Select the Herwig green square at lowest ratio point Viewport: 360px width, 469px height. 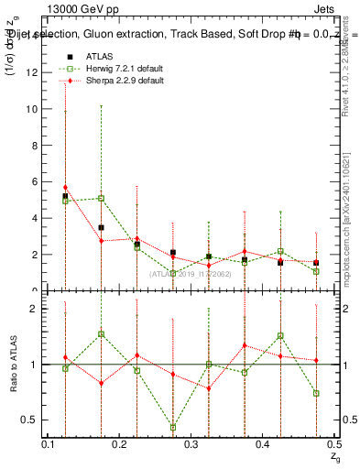point(173,427)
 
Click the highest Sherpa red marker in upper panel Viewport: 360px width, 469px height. point(65,188)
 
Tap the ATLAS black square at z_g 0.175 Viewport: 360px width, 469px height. point(101,227)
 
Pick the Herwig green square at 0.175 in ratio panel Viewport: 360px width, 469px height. point(101,334)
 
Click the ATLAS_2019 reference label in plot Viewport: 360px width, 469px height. point(191,274)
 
